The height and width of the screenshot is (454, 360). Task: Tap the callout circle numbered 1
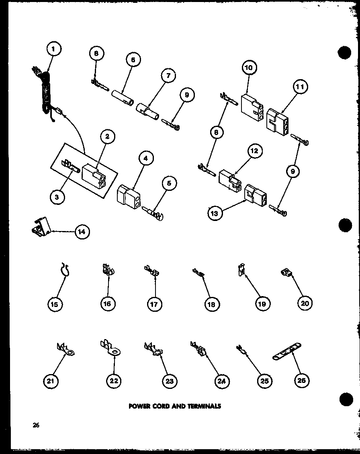tap(54, 50)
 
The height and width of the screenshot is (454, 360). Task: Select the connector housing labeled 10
tap(252, 104)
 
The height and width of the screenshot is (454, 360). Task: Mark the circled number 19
tap(261, 304)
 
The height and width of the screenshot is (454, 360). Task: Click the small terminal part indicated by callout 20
tap(286, 274)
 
